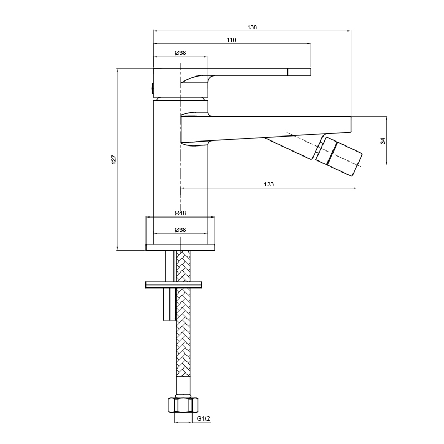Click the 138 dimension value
252,27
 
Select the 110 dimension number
231,40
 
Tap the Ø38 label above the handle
180,53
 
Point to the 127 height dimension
114,159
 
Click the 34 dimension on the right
383,141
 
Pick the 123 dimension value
269,184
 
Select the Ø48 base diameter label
180,213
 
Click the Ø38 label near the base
180,230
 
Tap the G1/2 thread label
203,418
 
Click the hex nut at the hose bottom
183,405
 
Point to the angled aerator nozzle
339,156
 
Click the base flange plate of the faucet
180,247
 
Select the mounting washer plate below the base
174,285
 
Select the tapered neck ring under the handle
180,99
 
